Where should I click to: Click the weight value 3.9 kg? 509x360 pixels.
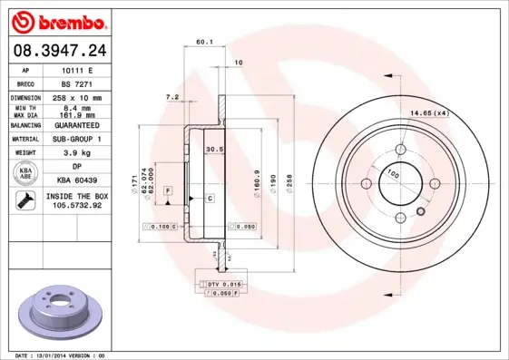click(77, 153)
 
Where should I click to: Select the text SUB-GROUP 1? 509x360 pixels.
click(77, 139)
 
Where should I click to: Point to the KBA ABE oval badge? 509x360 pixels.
click(26, 174)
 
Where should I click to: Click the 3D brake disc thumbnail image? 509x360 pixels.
click(63, 307)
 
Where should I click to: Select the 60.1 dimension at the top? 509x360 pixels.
click(204, 42)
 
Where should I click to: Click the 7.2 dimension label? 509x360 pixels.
click(171, 96)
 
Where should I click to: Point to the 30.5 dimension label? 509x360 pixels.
click(214, 149)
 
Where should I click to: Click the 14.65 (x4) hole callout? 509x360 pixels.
click(429, 113)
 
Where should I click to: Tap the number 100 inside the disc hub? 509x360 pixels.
click(393, 172)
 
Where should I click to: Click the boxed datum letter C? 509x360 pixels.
click(210, 197)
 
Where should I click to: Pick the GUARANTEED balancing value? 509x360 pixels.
click(77, 124)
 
